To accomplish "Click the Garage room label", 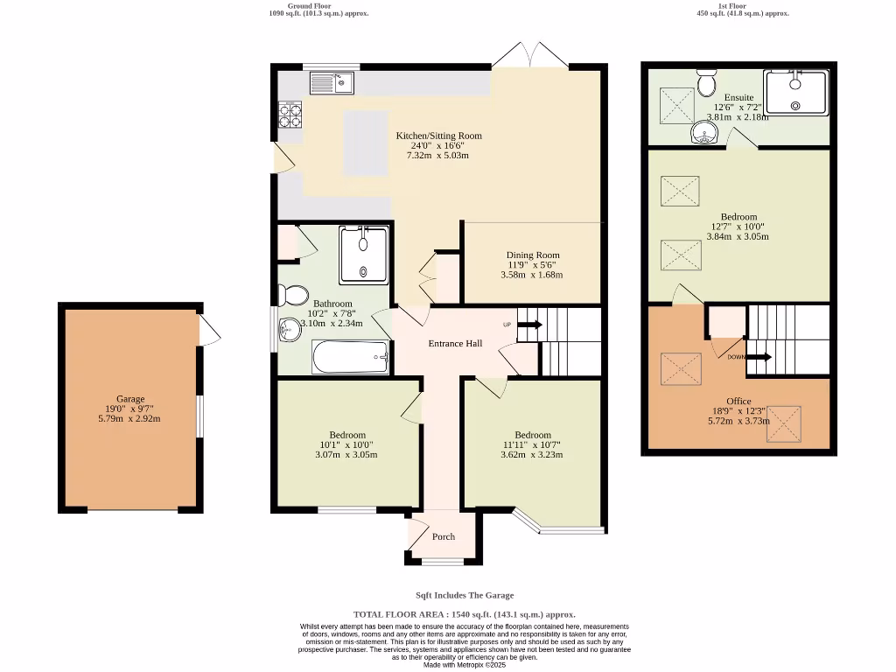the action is click(130, 399).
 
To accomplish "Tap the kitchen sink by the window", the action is click(332, 83).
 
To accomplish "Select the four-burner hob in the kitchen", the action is click(290, 115).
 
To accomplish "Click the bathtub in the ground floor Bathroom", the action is click(351, 357).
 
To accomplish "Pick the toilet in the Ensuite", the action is click(707, 83).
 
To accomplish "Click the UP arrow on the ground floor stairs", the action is click(530, 325).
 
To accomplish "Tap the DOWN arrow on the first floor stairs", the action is click(759, 357).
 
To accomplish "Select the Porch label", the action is click(444, 536).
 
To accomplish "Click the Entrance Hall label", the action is click(455, 343).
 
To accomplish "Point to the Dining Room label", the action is click(533, 255).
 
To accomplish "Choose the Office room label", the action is click(738, 401).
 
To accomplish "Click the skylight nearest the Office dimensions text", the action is click(783, 424).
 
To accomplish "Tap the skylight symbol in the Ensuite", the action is click(677, 105).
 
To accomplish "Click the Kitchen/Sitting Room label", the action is click(439, 136).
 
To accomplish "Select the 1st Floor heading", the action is click(732, 6).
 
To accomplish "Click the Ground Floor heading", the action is click(309, 6).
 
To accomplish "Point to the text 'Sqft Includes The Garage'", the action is click(465, 595).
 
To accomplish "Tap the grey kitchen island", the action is click(366, 143).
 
